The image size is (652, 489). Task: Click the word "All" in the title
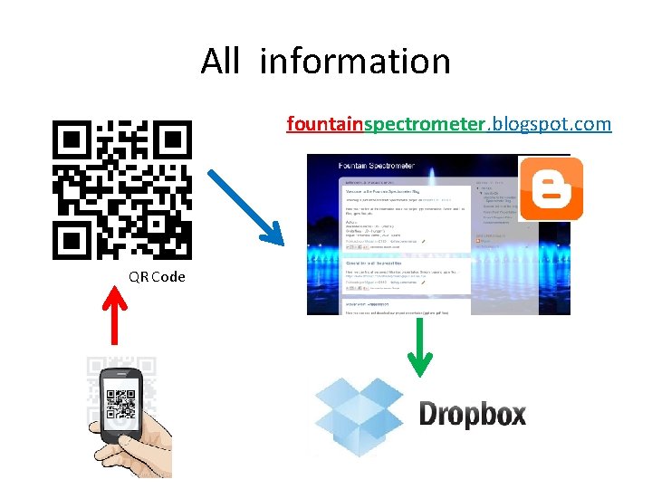pyautogui.click(x=220, y=62)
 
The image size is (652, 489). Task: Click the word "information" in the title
pyautogui.click(x=355, y=62)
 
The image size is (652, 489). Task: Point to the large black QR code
pyautogui.click(x=122, y=189)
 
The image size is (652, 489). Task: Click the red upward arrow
pyautogui.click(x=112, y=318)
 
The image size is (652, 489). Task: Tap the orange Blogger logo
pyautogui.click(x=551, y=188)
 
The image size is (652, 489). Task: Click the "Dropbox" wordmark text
pyautogui.click(x=472, y=415)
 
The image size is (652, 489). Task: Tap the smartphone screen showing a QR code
pyautogui.click(x=121, y=402)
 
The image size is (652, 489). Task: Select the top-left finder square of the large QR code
pyautogui.click(x=70, y=139)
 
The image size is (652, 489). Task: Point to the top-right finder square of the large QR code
pyautogui.click(x=173, y=139)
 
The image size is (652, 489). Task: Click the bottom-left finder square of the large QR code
pyautogui.click(x=70, y=241)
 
